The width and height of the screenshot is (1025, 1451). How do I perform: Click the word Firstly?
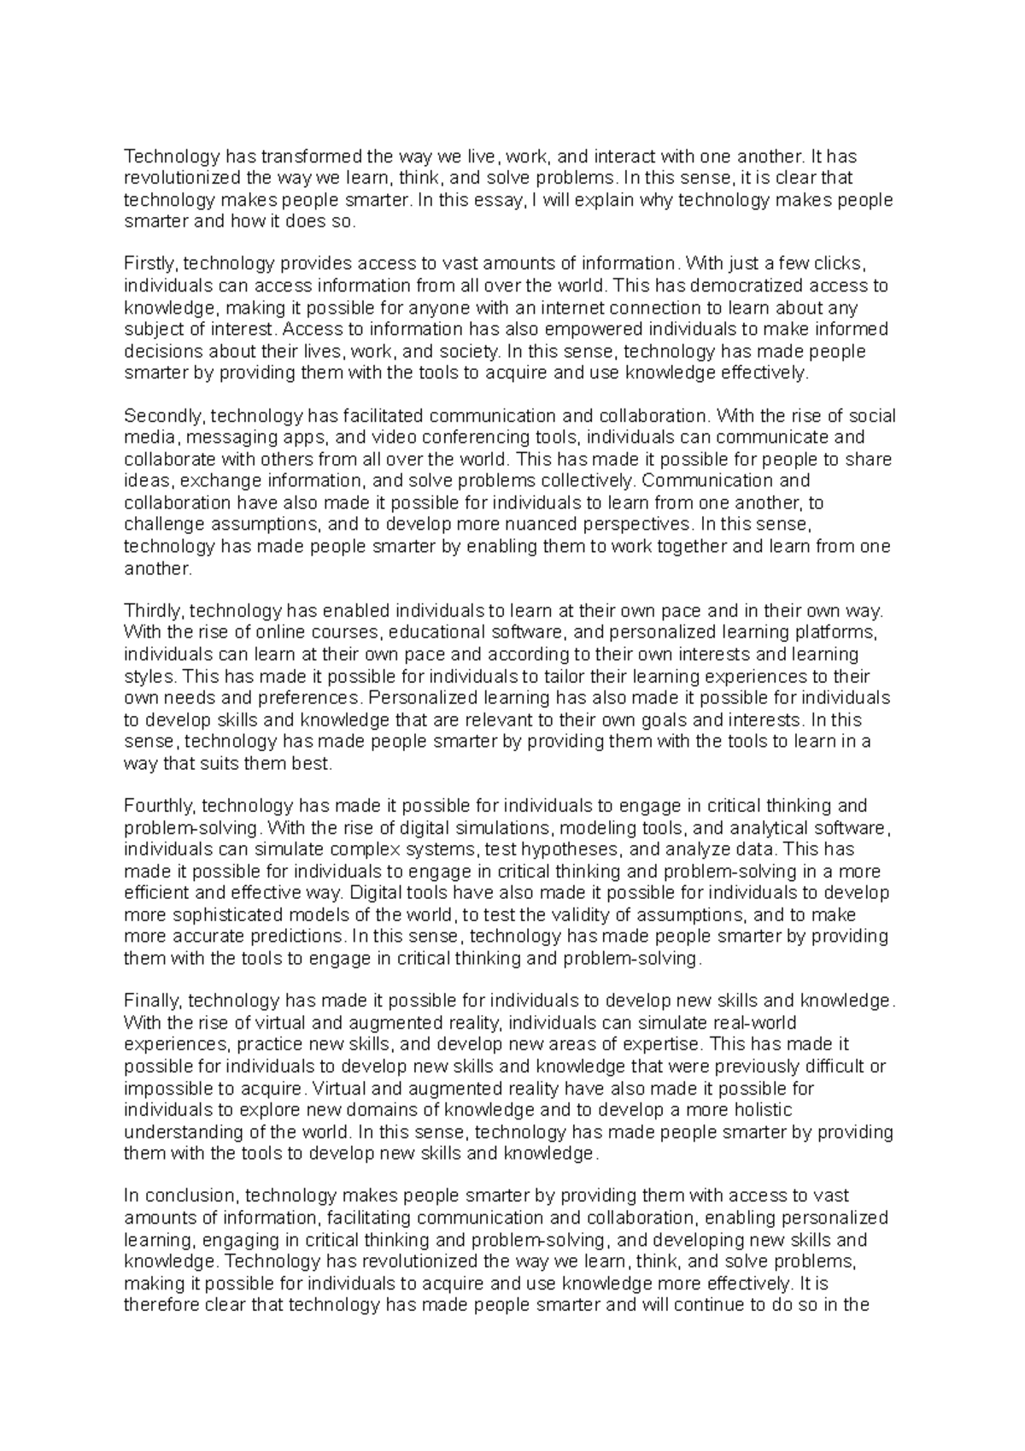(x=149, y=263)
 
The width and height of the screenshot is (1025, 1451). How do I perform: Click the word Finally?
(x=152, y=1001)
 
